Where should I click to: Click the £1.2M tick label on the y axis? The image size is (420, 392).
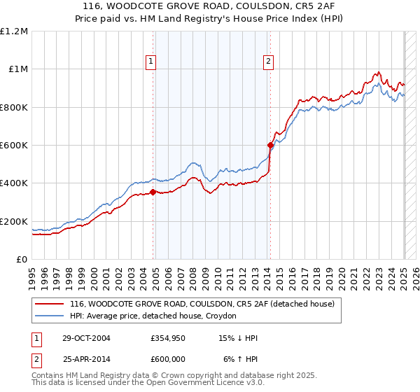[14, 31]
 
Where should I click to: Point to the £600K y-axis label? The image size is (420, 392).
[14, 145]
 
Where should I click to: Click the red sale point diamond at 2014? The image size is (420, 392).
[271, 146]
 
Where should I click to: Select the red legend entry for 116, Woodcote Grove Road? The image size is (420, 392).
[203, 304]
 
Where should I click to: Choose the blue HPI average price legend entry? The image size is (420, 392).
[153, 316]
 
